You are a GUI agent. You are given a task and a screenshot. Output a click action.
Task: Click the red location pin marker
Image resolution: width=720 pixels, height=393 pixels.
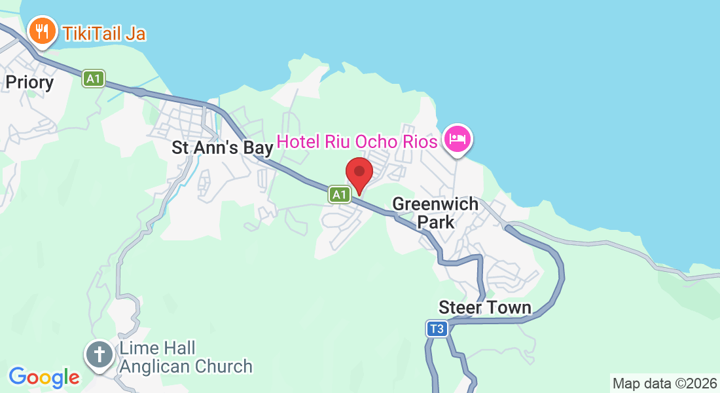[x=359, y=174]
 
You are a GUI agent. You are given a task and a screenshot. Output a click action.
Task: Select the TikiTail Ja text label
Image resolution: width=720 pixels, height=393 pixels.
[x=103, y=31]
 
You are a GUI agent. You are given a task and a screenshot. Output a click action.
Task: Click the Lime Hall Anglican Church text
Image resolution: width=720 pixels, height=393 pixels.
[x=185, y=357]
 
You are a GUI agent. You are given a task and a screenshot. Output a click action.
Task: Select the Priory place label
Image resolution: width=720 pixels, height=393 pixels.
[x=29, y=82]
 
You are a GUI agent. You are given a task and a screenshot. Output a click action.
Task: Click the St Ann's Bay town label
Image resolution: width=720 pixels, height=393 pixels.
[x=222, y=147]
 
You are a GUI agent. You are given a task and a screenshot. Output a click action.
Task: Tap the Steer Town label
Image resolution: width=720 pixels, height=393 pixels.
[x=484, y=307]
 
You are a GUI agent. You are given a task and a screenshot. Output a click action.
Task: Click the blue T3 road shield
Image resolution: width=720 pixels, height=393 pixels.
[x=437, y=329]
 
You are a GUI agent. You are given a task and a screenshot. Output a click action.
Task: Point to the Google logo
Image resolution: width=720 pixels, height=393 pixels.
[x=44, y=377]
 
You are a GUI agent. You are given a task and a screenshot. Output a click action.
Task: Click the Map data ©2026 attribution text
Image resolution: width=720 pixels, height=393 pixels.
[x=664, y=383]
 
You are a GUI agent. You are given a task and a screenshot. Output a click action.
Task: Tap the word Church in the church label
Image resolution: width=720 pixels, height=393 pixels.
[x=221, y=366]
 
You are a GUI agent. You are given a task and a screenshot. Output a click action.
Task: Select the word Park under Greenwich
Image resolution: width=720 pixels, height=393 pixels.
[x=436, y=222]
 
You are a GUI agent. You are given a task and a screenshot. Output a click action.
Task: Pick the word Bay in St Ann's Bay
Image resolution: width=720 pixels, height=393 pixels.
[x=258, y=147]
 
